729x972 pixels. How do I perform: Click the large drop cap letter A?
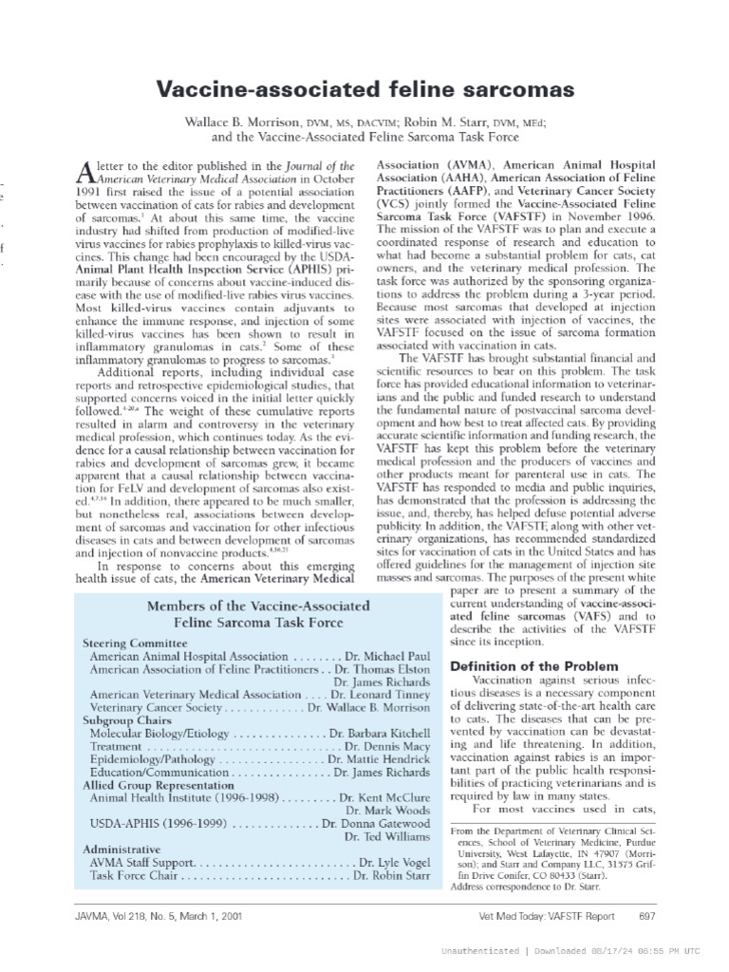click(x=83, y=172)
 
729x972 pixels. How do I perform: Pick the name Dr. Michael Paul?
click(x=388, y=656)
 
